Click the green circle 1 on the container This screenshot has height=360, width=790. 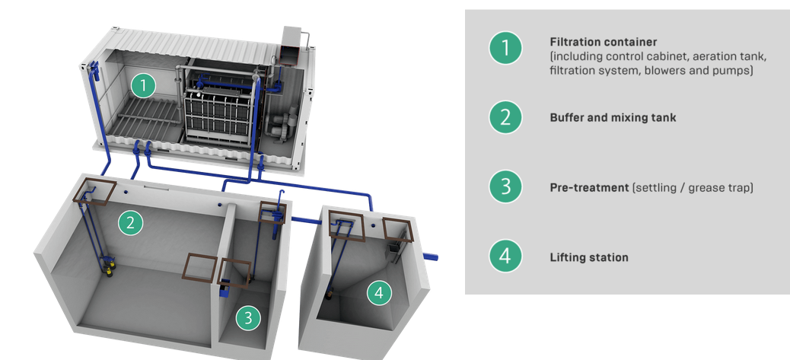142,85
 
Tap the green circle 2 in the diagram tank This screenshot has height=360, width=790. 131,222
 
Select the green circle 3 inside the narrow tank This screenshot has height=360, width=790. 247,318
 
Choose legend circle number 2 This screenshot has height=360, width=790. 505,118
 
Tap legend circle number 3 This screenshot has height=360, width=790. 505,186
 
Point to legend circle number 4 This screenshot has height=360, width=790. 505,256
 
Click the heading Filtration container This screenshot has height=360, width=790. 603,42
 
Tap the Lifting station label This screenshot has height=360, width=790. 588,257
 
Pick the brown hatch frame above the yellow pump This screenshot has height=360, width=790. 97,191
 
